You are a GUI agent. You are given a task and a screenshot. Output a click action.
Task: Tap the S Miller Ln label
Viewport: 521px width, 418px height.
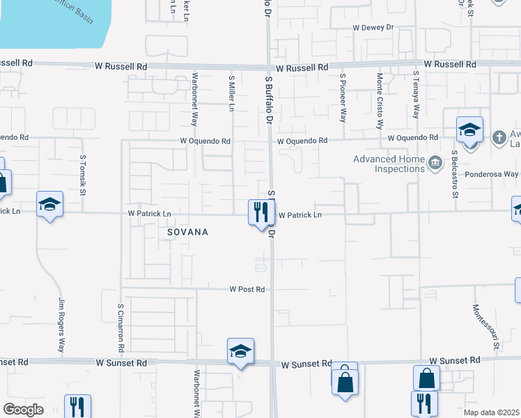pos(231,93)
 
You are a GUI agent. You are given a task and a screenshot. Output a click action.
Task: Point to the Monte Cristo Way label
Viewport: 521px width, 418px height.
pos(380,101)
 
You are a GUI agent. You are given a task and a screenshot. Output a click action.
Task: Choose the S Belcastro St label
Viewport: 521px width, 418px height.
pos(453,173)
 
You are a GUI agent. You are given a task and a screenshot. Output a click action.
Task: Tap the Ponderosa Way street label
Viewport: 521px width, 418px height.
pos(492,173)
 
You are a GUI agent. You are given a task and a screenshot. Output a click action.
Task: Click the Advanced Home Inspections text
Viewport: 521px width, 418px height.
pos(389,164)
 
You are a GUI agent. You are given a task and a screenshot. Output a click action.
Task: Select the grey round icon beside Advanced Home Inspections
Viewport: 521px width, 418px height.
pos(436,164)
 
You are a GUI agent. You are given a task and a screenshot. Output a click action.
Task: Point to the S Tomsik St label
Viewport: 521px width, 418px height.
pos(82,175)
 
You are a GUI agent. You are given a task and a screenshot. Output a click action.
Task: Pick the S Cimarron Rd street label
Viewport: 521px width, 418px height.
pos(120,327)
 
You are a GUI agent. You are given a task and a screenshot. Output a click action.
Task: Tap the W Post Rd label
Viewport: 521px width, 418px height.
pos(247,289)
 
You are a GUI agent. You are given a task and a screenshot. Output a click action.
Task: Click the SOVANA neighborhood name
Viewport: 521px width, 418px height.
pos(187,231)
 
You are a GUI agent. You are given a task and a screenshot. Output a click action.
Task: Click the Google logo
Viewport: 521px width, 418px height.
pos(23,409)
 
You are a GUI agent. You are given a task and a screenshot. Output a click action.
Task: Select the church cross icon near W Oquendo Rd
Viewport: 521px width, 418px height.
pos(499,137)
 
